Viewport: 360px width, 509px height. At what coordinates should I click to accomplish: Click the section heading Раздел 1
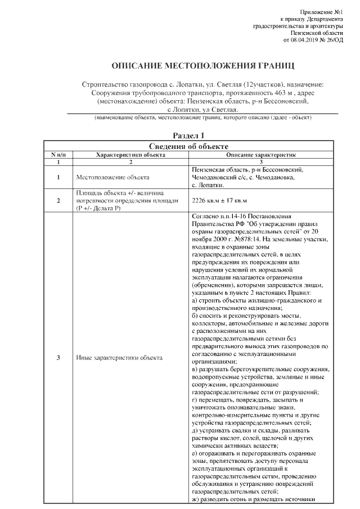(x=188, y=136)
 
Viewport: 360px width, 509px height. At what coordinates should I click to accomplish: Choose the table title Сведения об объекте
(x=188, y=146)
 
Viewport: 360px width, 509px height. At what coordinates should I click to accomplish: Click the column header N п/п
(x=58, y=154)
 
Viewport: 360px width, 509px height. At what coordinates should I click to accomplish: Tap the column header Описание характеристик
(x=260, y=154)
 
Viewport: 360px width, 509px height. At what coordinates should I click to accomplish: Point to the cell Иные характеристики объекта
(x=119, y=358)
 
